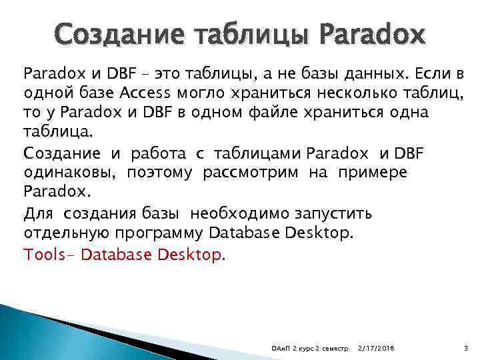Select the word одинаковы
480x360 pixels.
pos(63,173)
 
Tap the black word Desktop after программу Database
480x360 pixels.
pos(321,233)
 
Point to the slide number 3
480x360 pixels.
pos(465,348)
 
